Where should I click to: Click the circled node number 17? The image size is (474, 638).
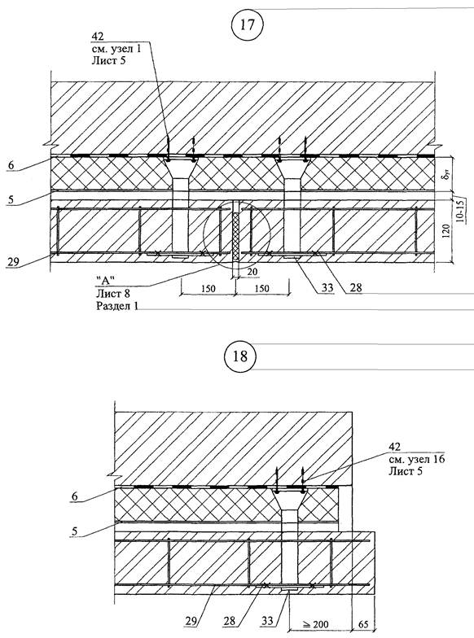pyautogui.click(x=248, y=25)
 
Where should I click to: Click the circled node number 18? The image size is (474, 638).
pyautogui.click(x=240, y=356)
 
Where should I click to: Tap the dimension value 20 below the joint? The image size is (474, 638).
pyautogui.click(x=252, y=270)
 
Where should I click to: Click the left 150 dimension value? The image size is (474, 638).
pyautogui.click(x=208, y=288)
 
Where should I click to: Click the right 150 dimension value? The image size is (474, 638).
pyautogui.click(x=261, y=288)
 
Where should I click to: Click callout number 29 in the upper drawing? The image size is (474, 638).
pyautogui.click(x=13, y=262)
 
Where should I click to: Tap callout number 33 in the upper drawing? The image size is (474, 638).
pyautogui.click(x=327, y=288)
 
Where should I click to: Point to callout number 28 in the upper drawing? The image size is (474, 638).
pyautogui.click(x=355, y=288)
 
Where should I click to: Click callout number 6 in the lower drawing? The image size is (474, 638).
pyautogui.click(x=75, y=496)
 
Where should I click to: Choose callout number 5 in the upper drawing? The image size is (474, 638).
pyautogui.click(x=11, y=200)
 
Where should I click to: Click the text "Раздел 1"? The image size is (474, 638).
pyautogui.click(x=117, y=306)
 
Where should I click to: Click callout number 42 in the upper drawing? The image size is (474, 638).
pyautogui.click(x=98, y=36)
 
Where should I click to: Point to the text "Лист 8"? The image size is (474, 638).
pyautogui.click(x=112, y=294)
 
